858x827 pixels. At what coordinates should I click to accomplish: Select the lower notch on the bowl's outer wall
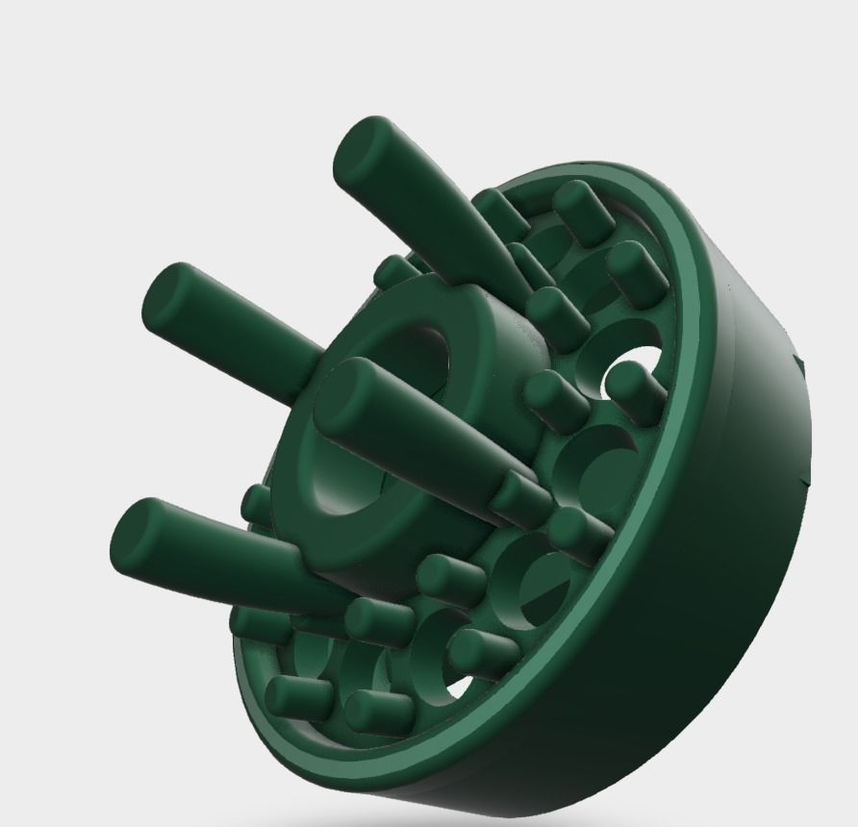(x=806, y=478)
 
